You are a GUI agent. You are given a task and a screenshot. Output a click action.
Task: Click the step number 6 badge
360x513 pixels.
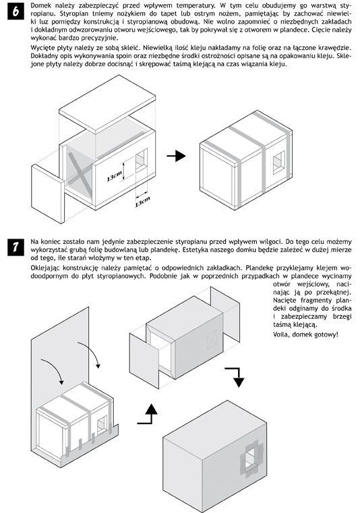16,11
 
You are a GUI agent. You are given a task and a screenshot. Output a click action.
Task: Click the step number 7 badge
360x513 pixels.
16,247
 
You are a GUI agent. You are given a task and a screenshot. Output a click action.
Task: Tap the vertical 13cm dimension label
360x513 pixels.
114,177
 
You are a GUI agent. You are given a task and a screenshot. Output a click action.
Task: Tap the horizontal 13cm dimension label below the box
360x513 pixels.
142,202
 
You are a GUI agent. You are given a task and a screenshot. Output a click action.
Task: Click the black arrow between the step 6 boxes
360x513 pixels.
177,156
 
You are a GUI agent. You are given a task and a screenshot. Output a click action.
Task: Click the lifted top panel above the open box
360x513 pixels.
107,104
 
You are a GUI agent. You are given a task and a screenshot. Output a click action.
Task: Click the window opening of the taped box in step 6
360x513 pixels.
279,162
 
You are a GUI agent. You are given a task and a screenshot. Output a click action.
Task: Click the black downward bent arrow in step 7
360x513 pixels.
236,377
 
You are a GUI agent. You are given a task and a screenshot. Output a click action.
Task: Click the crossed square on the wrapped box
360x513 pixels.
212,338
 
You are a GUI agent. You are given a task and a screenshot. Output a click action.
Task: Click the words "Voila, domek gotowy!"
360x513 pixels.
305,334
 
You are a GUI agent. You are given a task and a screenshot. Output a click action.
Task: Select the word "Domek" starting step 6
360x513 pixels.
40,5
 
